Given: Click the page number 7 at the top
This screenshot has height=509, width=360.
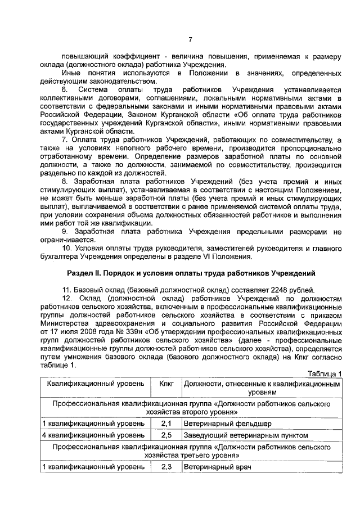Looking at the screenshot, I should pos(190,39).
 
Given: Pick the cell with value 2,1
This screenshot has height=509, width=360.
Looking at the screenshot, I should pos(166,424).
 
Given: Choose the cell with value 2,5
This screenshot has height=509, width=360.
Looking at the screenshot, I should pos(166,435).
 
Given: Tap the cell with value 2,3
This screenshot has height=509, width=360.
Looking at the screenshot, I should pos(166,467).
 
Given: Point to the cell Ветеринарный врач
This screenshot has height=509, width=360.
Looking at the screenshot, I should pos(217,467).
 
